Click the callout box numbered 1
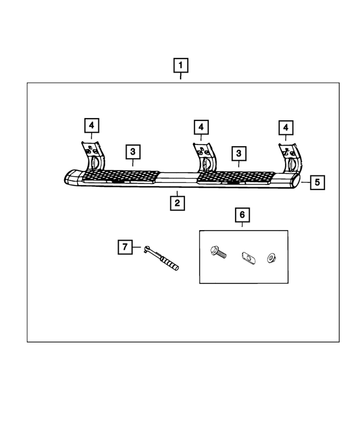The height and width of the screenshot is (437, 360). [181, 66]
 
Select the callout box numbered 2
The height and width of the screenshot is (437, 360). [177, 202]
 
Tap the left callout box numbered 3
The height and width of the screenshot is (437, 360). [133, 152]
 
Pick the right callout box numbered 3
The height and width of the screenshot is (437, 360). [238, 152]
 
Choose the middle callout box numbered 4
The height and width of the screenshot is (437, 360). [200, 127]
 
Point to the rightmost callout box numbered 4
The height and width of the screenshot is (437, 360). [286, 127]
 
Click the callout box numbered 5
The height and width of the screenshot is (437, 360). [317, 182]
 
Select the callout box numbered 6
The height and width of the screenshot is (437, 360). [242, 215]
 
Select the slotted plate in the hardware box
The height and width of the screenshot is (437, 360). [246, 257]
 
